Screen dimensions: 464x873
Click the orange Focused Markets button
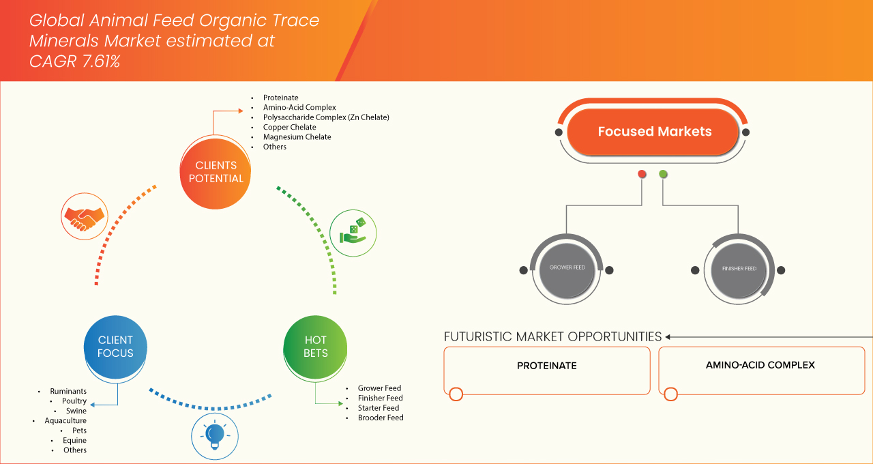(x=654, y=132)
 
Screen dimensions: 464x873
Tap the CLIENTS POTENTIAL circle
(x=216, y=172)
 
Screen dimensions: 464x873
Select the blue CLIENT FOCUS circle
(x=115, y=347)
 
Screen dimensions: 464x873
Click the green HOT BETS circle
(x=315, y=347)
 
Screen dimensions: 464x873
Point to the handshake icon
(x=84, y=215)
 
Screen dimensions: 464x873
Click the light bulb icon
(x=215, y=435)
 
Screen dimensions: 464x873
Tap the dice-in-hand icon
(x=353, y=233)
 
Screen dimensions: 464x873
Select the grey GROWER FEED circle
(x=567, y=268)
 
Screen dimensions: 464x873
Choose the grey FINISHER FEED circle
(x=739, y=269)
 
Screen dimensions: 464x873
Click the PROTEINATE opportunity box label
(x=546, y=366)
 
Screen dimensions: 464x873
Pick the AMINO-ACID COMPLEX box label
(x=760, y=365)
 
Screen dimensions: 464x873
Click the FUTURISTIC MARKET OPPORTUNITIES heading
(x=552, y=336)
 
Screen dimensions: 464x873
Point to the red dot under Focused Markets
(x=642, y=174)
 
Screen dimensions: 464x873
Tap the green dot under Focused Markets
(x=663, y=174)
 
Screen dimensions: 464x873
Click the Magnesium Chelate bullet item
(x=297, y=137)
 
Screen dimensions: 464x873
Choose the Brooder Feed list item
(x=380, y=418)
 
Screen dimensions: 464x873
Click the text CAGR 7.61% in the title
(x=74, y=61)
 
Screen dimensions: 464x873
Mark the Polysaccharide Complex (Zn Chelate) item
(x=325, y=117)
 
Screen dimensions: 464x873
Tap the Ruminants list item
(x=68, y=392)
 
